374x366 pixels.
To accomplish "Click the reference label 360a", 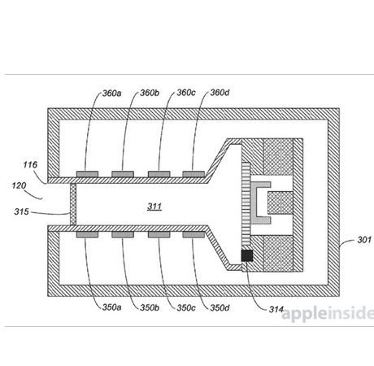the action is (x=111, y=94).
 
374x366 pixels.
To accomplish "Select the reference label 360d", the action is (x=220, y=93).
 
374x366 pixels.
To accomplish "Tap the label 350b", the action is (x=150, y=307).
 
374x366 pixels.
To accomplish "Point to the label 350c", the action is (x=186, y=308).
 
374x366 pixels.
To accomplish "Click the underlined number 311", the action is (x=154, y=207).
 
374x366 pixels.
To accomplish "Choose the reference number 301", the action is (x=364, y=240).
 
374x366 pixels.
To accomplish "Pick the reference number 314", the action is (x=276, y=309).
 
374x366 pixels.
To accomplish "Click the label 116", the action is (x=30, y=164).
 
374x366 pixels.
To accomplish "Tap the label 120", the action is (x=19, y=185).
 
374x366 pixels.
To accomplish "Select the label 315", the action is (x=21, y=211).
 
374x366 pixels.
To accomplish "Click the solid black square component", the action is (x=247, y=255).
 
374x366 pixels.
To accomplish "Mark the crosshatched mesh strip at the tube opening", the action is (x=73, y=204).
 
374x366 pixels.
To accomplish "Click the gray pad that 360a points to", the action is (x=87, y=174).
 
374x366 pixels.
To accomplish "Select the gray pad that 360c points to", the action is (x=159, y=174).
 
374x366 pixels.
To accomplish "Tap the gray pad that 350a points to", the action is (x=87, y=234).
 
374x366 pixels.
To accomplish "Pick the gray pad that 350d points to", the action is (x=194, y=234).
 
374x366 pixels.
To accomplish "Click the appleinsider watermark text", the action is (x=328, y=313).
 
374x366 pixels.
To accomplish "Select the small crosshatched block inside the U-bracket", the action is (x=280, y=203).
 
